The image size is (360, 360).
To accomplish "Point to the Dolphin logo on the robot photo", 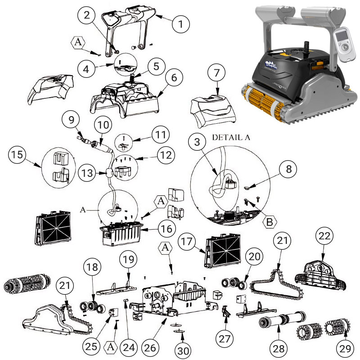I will [x=273, y=67].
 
